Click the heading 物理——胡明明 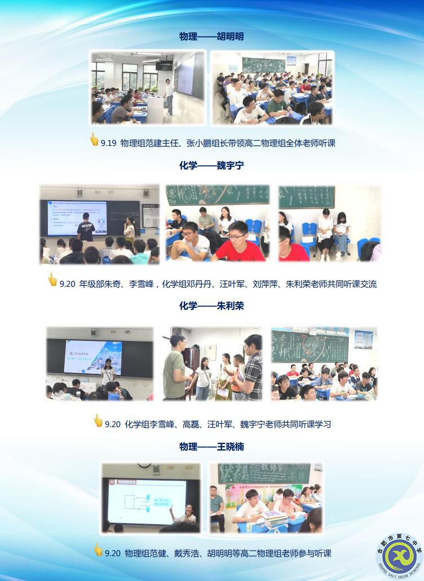click(x=211, y=37)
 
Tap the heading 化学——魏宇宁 click(x=211, y=166)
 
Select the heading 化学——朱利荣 click(x=211, y=306)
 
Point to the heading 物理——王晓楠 click(x=211, y=447)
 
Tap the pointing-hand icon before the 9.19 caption click(x=94, y=140)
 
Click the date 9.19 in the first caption click(x=108, y=143)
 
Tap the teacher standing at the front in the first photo click(x=169, y=96)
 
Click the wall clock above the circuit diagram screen click(x=145, y=467)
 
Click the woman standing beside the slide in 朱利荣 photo click(x=108, y=371)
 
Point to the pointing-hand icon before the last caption click(x=98, y=550)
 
